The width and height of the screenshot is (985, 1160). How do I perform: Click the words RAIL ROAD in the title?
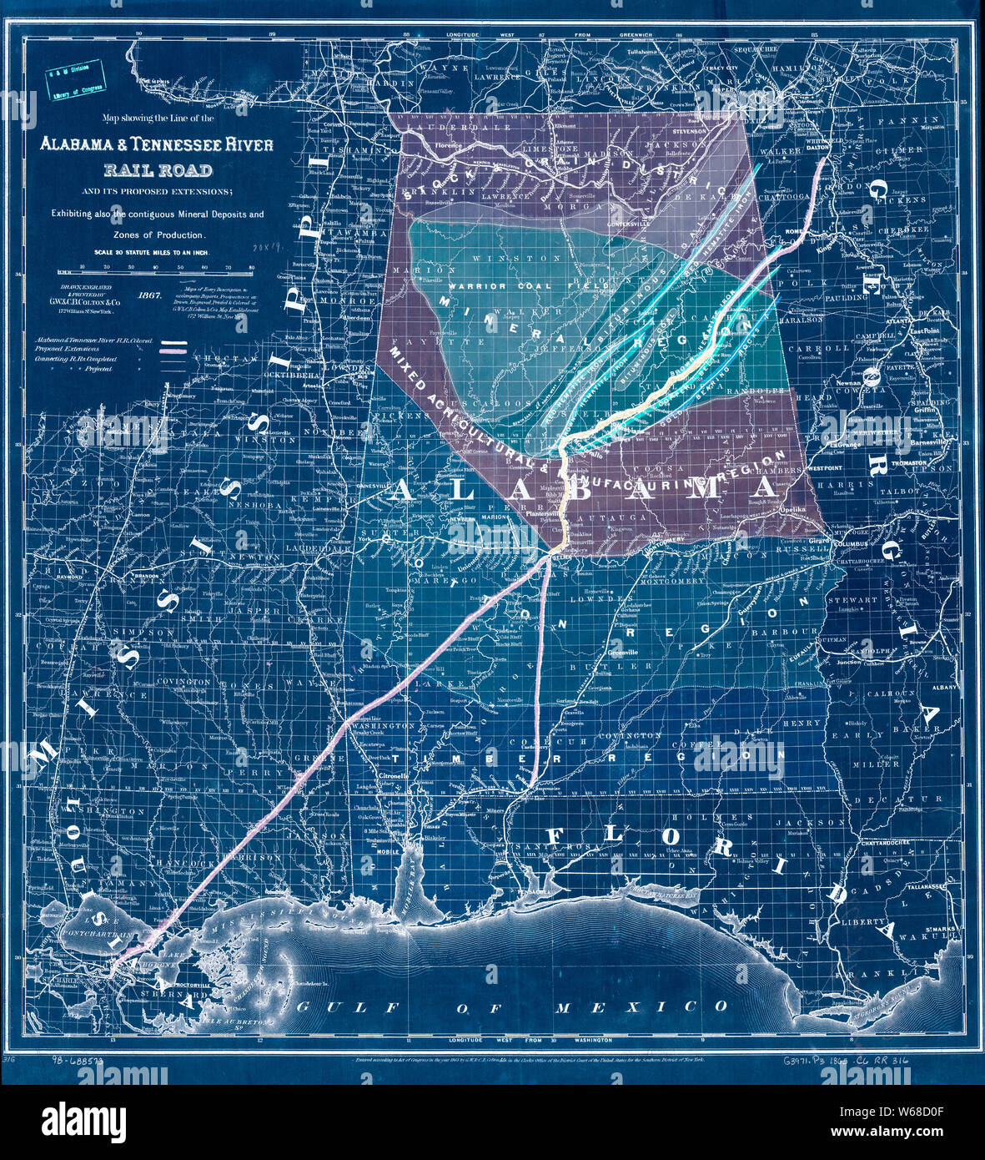(x=158, y=172)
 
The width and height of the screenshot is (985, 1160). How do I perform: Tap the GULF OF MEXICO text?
(x=513, y=1007)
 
